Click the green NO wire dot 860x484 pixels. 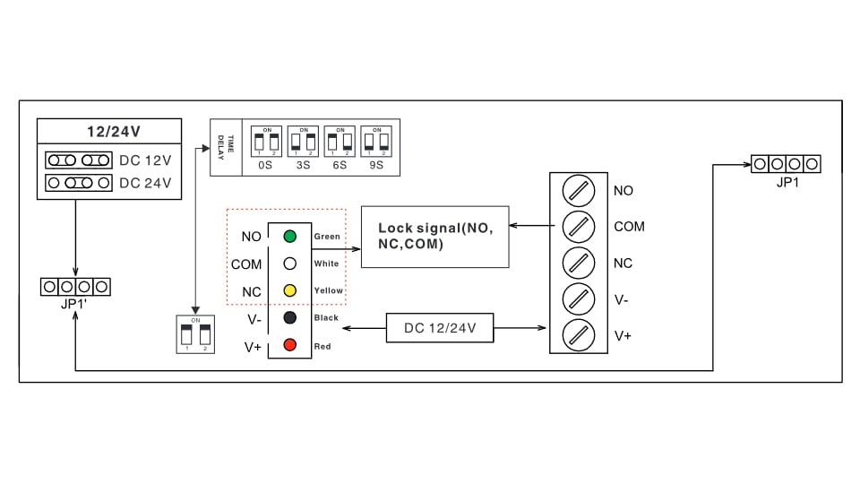coord(289,237)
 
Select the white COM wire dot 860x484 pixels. coord(289,264)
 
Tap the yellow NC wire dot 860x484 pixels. coord(289,290)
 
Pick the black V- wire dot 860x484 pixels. coord(289,317)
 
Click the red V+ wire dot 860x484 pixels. coord(289,345)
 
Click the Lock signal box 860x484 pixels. coord(434,237)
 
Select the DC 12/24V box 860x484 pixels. coord(440,328)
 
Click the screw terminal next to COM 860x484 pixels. coord(578,227)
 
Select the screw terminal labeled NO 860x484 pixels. coord(578,191)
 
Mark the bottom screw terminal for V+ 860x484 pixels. coord(578,335)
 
